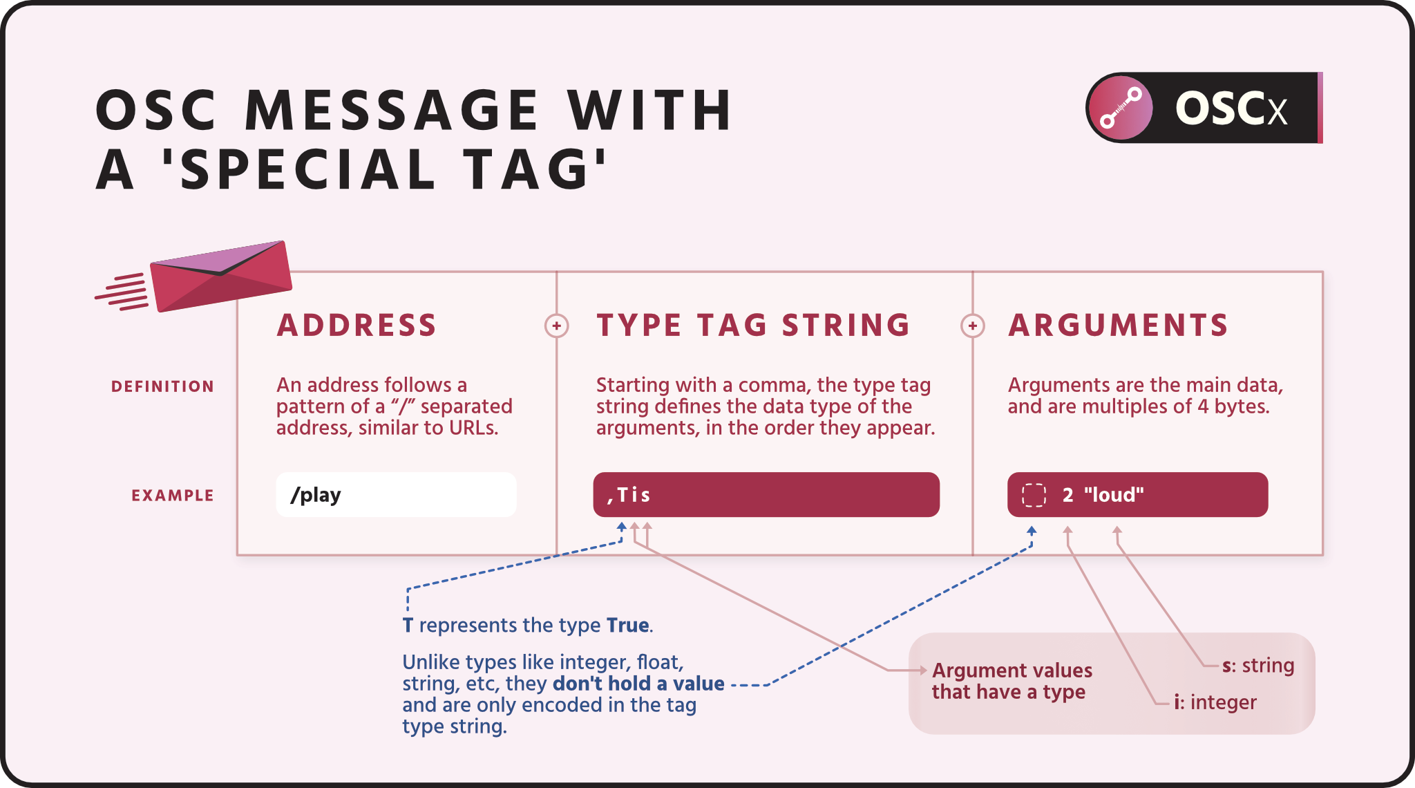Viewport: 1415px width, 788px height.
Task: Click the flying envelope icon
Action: [x=220, y=276]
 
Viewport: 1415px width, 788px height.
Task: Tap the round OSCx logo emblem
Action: [x=1120, y=108]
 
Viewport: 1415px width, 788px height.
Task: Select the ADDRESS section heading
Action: [x=357, y=326]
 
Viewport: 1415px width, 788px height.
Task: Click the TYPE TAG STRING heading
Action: [x=753, y=326]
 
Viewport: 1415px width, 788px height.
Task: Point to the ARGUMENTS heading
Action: [x=1118, y=326]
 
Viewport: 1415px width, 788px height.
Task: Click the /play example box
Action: [x=396, y=495]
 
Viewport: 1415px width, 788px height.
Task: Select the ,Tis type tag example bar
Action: [x=766, y=495]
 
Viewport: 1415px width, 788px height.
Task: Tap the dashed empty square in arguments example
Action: [x=1034, y=495]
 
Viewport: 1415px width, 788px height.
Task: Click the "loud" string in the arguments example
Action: [x=1114, y=495]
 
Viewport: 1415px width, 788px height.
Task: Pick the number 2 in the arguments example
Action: [x=1067, y=495]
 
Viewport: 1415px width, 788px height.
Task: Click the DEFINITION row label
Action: [x=162, y=386]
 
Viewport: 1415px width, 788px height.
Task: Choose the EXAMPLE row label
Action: [x=173, y=496]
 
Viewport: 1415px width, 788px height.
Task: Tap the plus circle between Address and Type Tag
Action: [x=556, y=326]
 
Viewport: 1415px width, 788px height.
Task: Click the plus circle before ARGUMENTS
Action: [x=972, y=326]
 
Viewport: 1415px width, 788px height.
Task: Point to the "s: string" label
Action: [x=1258, y=666]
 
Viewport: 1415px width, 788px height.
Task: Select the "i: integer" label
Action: [x=1215, y=702]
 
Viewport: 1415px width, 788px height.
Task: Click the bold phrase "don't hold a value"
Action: [x=638, y=684]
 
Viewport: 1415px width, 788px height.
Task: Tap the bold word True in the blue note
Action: [x=627, y=625]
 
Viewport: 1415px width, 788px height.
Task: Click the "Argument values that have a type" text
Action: [x=1012, y=681]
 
